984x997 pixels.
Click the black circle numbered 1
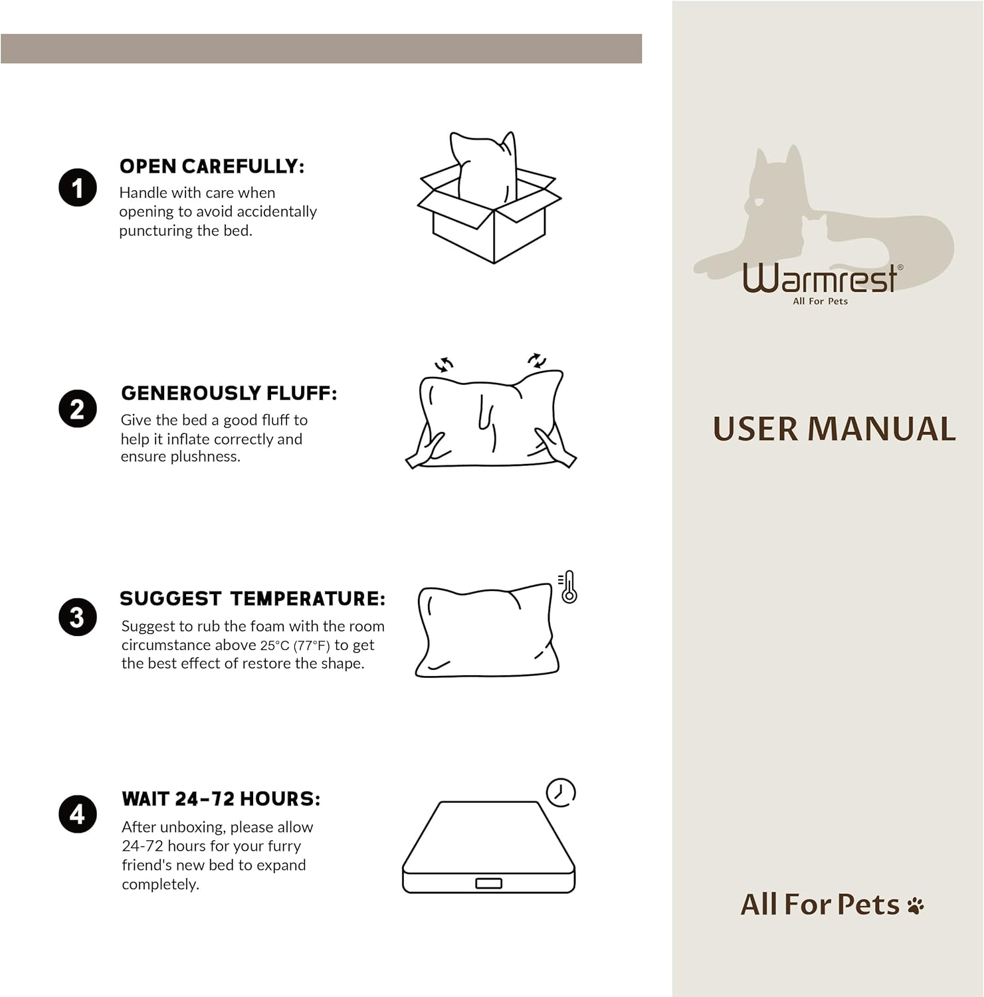pyautogui.click(x=78, y=187)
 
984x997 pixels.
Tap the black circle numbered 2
pyautogui.click(x=78, y=408)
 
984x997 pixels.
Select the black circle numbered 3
pyautogui.click(x=78, y=617)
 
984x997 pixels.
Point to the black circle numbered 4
pyautogui.click(x=78, y=814)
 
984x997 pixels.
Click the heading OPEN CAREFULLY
pyautogui.click(x=212, y=166)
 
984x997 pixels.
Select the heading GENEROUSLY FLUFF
pyautogui.click(x=229, y=393)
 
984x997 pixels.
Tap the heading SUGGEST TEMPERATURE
pyautogui.click(x=252, y=598)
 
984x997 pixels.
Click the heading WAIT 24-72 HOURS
pyautogui.click(x=221, y=799)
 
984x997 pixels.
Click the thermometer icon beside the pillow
pyautogui.click(x=568, y=587)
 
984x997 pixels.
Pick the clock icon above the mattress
pyautogui.click(x=561, y=792)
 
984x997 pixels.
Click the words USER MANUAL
pyautogui.click(x=835, y=429)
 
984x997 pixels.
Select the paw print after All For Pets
pyautogui.click(x=916, y=905)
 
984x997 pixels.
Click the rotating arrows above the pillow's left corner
pyautogui.click(x=444, y=364)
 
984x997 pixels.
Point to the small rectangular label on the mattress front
pyautogui.click(x=489, y=883)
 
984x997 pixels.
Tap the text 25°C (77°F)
pyautogui.click(x=295, y=645)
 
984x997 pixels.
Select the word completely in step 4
pyautogui.click(x=160, y=885)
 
